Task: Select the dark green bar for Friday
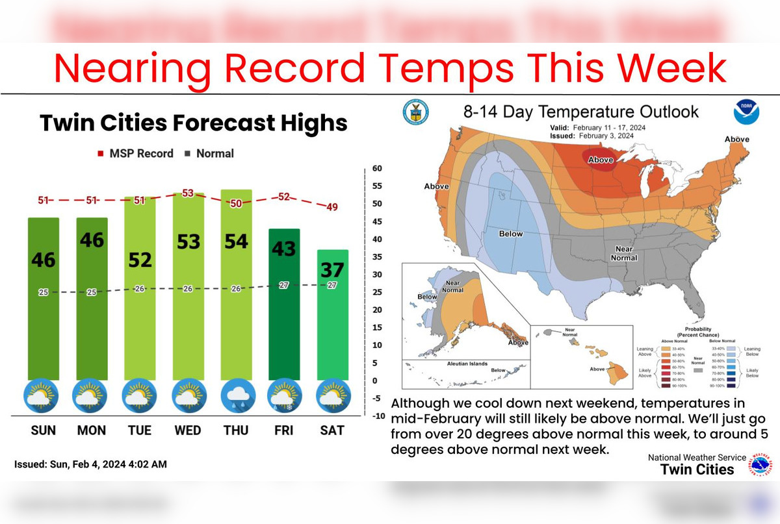pyautogui.click(x=284, y=305)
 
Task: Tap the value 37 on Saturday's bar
pyautogui.click(x=332, y=269)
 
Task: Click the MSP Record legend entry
pyautogui.click(x=136, y=154)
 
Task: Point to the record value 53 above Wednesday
pyautogui.click(x=188, y=193)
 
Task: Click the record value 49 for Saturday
pyautogui.click(x=332, y=207)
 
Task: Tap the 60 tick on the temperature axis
pyautogui.click(x=377, y=169)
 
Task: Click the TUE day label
pyautogui.click(x=140, y=430)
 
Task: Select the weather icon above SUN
pyautogui.click(x=43, y=397)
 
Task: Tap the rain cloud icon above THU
pyautogui.click(x=236, y=397)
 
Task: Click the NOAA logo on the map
pyautogui.click(x=746, y=112)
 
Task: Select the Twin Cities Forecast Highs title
pyautogui.click(x=194, y=123)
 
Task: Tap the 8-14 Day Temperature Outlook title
pyautogui.click(x=580, y=112)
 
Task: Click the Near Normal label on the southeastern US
pyautogui.click(x=623, y=253)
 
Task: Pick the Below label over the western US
pyautogui.click(x=511, y=234)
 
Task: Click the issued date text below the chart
pyautogui.click(x=90, y=464)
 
